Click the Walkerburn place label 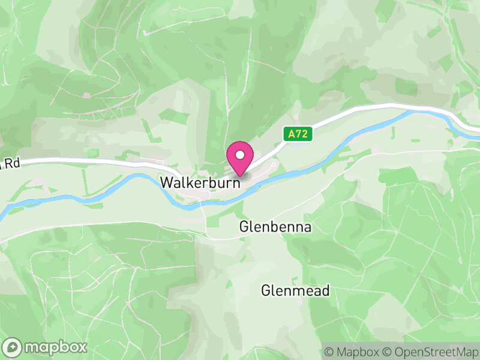tap(200, 182)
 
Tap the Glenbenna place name tap(275, 227)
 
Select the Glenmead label tap(296, 291)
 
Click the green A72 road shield tap(299, 135)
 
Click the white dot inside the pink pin tap(240, 155)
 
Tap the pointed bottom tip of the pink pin tap(240, 176)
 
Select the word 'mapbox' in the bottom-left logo tap(55, 347)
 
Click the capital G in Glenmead tap(266, 291)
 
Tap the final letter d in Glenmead tap(326, 291)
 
